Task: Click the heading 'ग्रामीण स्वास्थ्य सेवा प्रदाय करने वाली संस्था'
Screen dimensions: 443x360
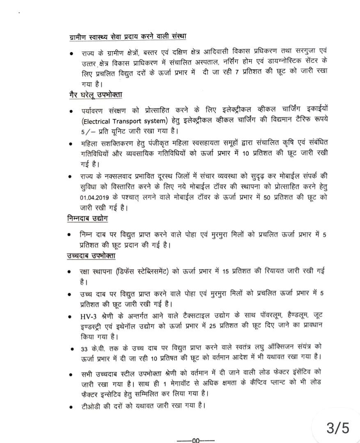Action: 128,37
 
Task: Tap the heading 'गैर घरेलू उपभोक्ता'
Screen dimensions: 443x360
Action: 95,95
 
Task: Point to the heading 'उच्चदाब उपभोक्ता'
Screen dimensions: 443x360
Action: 91,256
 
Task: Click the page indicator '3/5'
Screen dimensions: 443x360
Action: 338,428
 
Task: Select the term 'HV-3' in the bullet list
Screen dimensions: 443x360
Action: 89,316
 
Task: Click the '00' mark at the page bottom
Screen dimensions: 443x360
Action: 195,440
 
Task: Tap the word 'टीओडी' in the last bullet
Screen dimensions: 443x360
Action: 91,406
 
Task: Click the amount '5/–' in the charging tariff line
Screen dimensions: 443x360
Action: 86,131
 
